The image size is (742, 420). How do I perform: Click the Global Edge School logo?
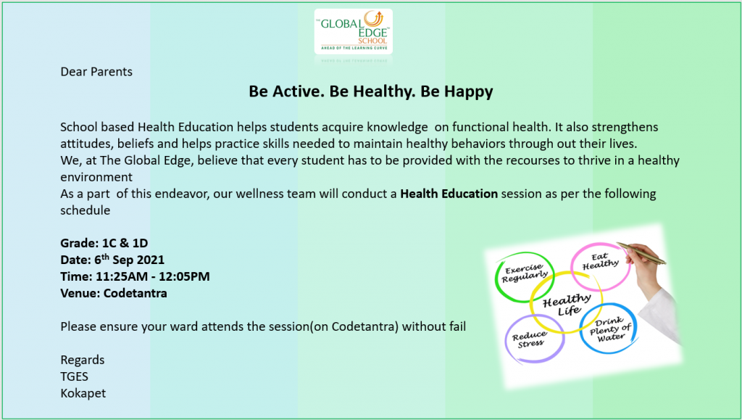[354, 31]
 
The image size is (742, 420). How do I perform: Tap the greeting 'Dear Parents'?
[96, 72]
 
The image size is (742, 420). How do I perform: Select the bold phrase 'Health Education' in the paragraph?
[449, 194]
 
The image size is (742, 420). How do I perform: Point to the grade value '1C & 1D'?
[125, 243]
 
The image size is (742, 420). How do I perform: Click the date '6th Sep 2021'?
[129, 259]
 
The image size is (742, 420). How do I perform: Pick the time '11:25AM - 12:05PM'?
[152, 276]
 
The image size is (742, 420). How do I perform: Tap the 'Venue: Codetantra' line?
[114, 293]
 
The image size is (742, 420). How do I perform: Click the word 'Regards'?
[83, 360]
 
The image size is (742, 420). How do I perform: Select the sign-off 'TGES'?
[75, 376]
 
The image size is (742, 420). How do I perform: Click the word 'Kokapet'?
[83, 393]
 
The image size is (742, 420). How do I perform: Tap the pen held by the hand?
[642, 253]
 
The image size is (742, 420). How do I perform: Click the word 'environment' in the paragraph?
[96, 177]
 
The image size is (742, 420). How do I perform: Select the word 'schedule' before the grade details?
[86, 210]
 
